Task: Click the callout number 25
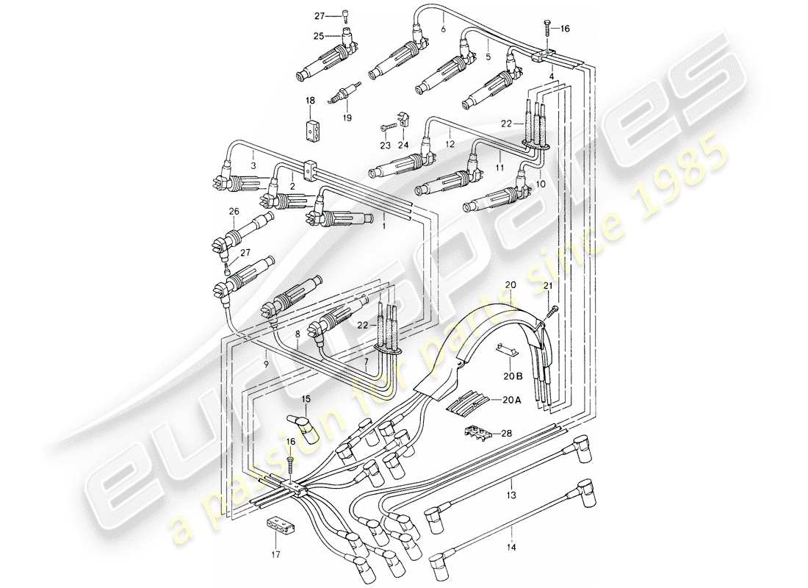319,35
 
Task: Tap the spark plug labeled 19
345,93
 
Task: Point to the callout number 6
443,29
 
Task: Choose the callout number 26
234,213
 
